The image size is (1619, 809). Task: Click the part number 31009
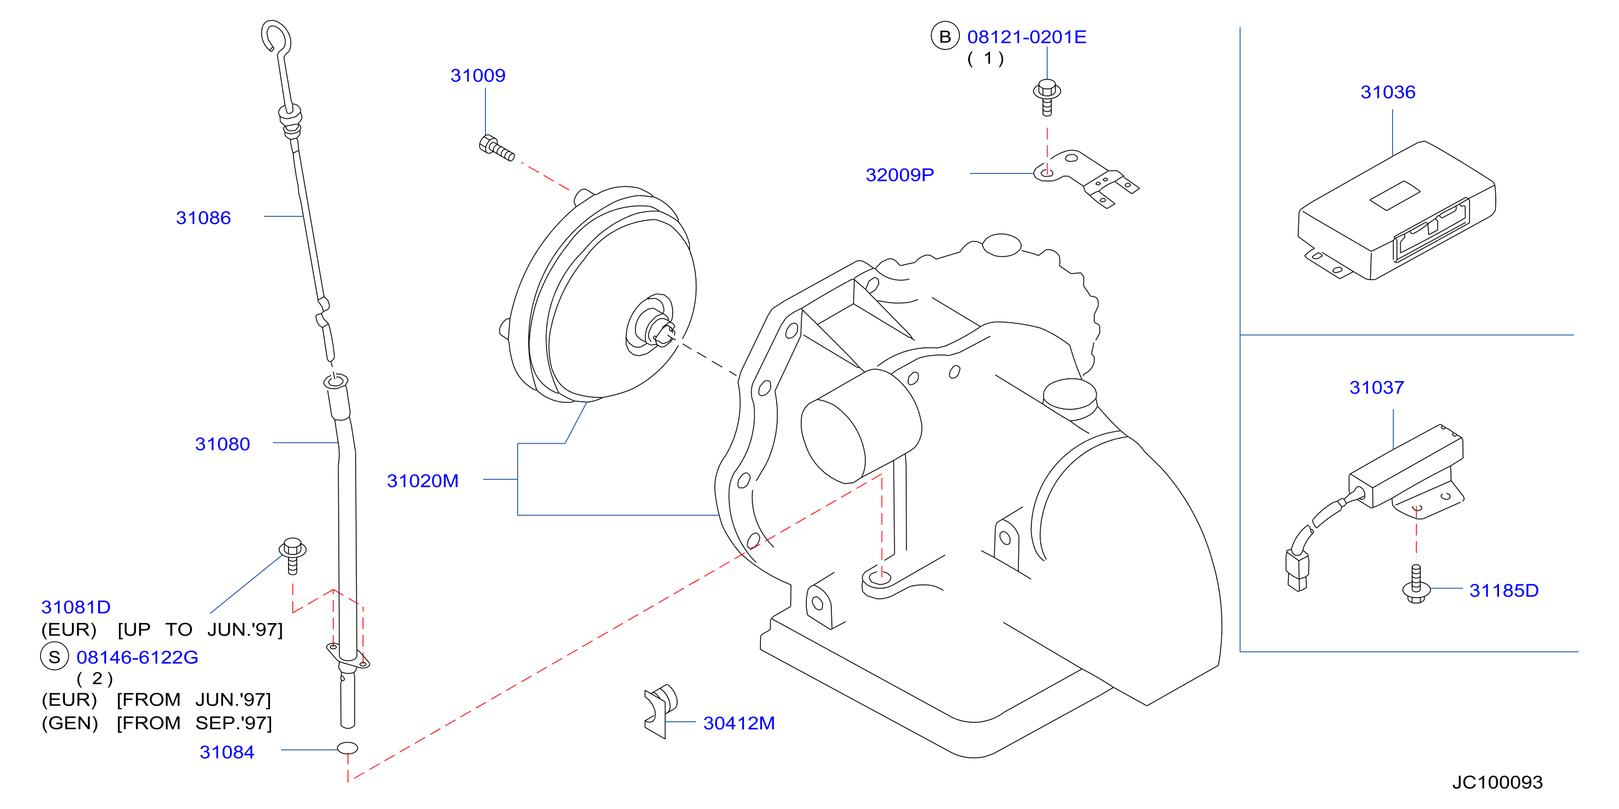(x=478, y=75)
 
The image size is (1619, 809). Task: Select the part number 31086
(x=203, y=218)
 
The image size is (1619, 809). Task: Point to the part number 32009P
(x=900, y=174)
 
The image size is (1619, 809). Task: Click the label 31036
(x=1388, y=92)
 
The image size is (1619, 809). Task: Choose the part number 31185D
(x=1503, y=590)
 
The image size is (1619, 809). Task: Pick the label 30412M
(x=739, y=723)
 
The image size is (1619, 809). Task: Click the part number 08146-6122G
(x=137, y=657)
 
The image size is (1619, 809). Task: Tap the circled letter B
(x=945, y=37)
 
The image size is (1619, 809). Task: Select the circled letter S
(x=54, y=657)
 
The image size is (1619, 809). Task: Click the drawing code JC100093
(x=1497, y=782)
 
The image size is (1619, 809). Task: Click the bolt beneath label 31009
(x=496, y=148)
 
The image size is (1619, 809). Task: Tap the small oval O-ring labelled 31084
(x=347, y=747)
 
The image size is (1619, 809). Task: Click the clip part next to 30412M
(x=660, y=710)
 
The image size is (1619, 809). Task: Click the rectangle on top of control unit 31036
(x=1395, y=195)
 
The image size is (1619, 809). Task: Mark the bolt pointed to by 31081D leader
(x=292, y=556)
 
